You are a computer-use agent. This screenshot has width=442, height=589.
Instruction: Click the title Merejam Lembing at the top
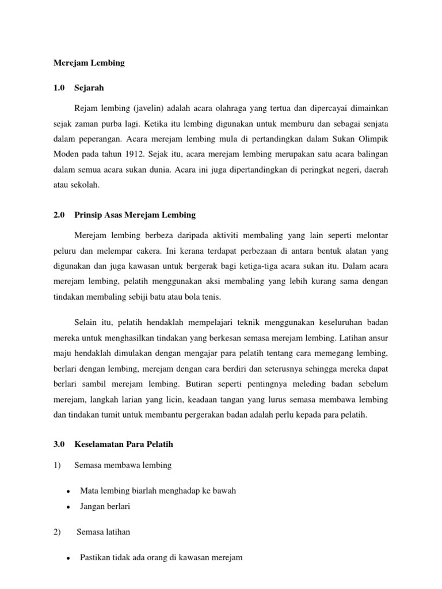tap(89, 63)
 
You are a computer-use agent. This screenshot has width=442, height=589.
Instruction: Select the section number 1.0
tap(59, 88)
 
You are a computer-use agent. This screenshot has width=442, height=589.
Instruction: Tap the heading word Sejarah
tap(90, 88)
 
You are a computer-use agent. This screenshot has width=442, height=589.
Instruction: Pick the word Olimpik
tap(372, 139)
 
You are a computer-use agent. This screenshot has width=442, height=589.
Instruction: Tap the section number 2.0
tap(59, 215)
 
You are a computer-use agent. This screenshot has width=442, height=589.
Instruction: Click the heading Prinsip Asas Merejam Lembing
tap(135, 215)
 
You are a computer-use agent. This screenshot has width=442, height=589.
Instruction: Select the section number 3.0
tap(59, 445)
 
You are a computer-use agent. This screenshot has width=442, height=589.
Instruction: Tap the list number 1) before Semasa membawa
tap(57, 465)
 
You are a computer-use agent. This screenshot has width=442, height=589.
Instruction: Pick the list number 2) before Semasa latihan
tap(57, 532)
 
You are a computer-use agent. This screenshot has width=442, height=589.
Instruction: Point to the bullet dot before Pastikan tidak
tap(68, 558)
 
